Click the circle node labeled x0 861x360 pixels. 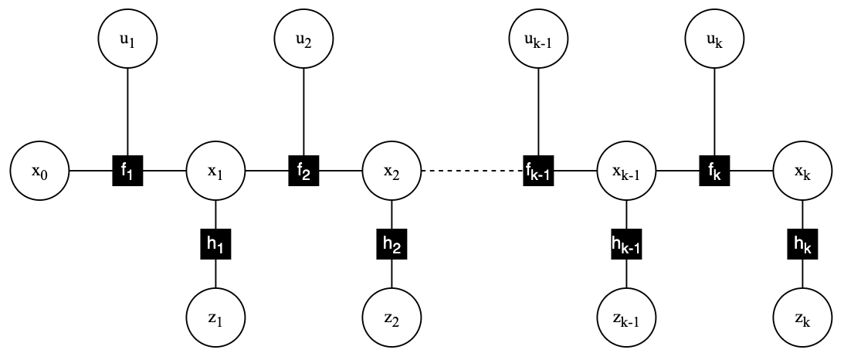click(x=39, y=170)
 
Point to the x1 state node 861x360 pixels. click(x=215, y=170)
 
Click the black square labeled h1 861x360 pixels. click(x=215, y=244)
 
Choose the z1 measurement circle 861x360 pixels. click(x=215, y=318)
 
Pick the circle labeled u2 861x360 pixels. click(x=304, y=38)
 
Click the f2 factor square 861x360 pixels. click(x=304, y=170)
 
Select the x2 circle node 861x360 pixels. click(x=392, y=170)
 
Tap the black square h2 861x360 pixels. click(x=392, y=244)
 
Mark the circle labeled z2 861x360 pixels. click(x=392, y=318)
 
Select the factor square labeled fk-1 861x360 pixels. click(x=539, y=170)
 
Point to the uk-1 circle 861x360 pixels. click(x=539, y=38)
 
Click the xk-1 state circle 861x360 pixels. click(x=627, y=170)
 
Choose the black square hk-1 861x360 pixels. click(x=627, y=244)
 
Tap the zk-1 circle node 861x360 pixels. click(x=627, y=318)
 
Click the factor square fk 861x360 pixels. click(x=714, y=170)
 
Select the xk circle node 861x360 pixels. click(x=803, y=170)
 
